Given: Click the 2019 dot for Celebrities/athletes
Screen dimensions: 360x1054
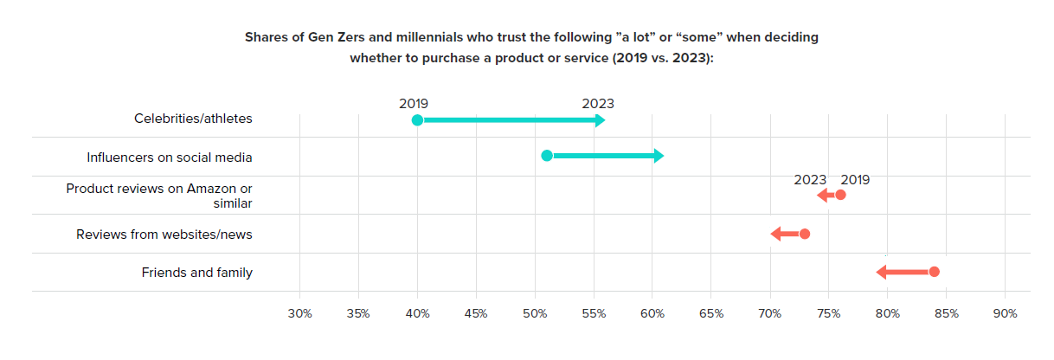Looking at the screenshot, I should pyautogui.click(x=417, y=120).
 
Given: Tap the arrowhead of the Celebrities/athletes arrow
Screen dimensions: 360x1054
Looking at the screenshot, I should pyautogui.click(x=600, y=120).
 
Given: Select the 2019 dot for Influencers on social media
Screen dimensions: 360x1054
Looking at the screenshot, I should pyautogui.click(x=547, y=156).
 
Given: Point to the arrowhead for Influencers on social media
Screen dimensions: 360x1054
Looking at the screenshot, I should pyautogui.click(x=659, y=156).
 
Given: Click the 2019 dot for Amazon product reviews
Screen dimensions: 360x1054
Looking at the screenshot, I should pyautogui.click(x=840, y=196).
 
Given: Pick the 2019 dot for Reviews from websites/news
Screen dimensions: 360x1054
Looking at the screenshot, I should pyautogui.click(x=805, y=234).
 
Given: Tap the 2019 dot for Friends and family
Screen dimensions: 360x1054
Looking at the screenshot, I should pyautogui.click(x=934, y=272).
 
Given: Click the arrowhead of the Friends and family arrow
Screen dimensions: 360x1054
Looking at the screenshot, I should pyautogui.click(x=882, y=272).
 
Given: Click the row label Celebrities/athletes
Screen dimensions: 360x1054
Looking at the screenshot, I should pyautogui.click(x=193, y=119).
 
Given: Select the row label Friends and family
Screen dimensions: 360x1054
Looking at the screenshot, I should pyautogui.click(x=196, y=273).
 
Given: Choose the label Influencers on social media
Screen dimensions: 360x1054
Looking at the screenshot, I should pyautogui.click(x=170, y=157).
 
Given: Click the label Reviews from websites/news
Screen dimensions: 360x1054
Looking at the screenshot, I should pyautogui.click(x=164, y=235).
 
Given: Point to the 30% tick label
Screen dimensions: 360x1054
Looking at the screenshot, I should pyautogui.click(x=299, y=312).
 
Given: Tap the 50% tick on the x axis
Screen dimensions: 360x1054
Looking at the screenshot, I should pyautogui.click(x=535, y=312).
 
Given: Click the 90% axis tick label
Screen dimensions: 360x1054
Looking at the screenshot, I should pyautogui.click(x=1005, y=312).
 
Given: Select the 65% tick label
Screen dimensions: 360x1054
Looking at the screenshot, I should pyautogui.click(x=711, y=312).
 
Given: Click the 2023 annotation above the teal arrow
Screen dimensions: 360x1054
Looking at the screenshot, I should pyautogui.click(x=597, y=104).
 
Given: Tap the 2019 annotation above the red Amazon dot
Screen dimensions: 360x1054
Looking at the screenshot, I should pyautogui.click(x=855, y=180).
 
